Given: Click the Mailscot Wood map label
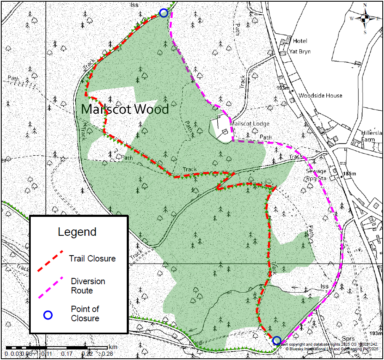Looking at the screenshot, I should [125, 109].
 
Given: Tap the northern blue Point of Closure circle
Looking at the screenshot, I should [164, 13].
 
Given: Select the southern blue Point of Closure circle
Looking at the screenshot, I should [277, 340].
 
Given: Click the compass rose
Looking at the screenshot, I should [365, 18].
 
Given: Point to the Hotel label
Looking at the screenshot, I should [300, 41].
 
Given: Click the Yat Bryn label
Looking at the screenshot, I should [299, 52].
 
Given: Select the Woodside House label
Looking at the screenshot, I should [320, 96].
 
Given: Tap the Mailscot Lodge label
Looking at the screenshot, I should [249, 124].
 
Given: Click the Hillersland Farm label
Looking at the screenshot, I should [372, 136].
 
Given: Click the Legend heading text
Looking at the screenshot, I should [77, 232].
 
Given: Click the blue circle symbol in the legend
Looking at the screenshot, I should [48, 315].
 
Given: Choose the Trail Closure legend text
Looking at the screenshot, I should [92, 259].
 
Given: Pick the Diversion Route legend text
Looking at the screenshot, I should [88, 286].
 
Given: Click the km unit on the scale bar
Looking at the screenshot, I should [113, 347].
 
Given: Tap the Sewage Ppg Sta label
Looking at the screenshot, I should [316, 175].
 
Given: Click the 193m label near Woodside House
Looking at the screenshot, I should [285, 88].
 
